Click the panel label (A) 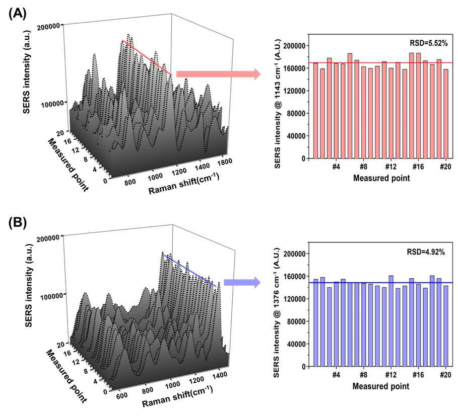[x=18, y=13]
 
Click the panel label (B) [x=18, y=223]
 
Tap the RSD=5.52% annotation [x=428, y=43]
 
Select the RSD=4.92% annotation [x=426, y=252]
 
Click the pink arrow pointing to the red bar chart [x=218, y=74]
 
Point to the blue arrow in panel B [x=242, y=282]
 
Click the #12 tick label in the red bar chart [x=391, y=166]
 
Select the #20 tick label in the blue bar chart [x=445, y=374]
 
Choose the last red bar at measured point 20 [x=446, y=114]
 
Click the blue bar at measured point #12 [x=391, y=321]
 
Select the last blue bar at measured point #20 [x=446, y=326]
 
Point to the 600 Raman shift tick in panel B [x=122, y=395]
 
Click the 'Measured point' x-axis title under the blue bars [x=381, y=386]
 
